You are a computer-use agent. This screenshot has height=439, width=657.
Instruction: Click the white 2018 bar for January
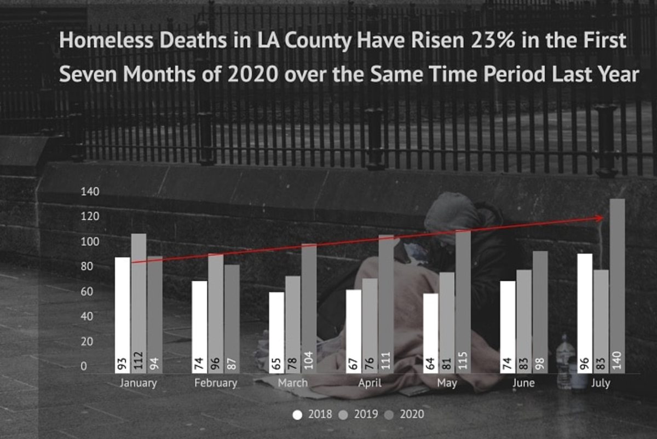click(x=123, y=315)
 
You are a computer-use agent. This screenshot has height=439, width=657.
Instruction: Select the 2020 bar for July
click(x=617, y=285)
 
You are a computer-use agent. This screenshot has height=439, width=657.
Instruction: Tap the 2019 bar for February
click(x=216, y=312)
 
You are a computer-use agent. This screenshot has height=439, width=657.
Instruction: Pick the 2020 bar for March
click(x=309, y=307)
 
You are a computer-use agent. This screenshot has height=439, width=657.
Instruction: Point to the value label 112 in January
click(x=139, y=362)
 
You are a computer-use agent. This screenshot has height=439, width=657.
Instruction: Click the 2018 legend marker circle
click(x=297, y=414)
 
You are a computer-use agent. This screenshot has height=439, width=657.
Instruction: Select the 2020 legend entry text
click(x=413, y=414)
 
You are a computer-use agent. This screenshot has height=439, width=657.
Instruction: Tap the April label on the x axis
click(x=370, y=383)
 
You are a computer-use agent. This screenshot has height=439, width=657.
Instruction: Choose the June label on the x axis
click(x=523, y=383)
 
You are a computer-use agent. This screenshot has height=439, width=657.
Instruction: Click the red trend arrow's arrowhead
click(x=601, y=218)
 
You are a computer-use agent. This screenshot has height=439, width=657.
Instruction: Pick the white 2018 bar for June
click(x=508, y=327)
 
